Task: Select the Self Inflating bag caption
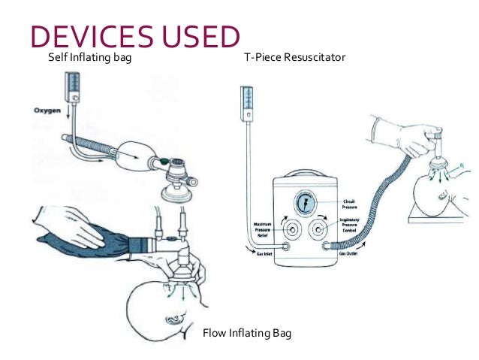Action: tap(85, 57)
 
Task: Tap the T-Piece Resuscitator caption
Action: tap(295, 57)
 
